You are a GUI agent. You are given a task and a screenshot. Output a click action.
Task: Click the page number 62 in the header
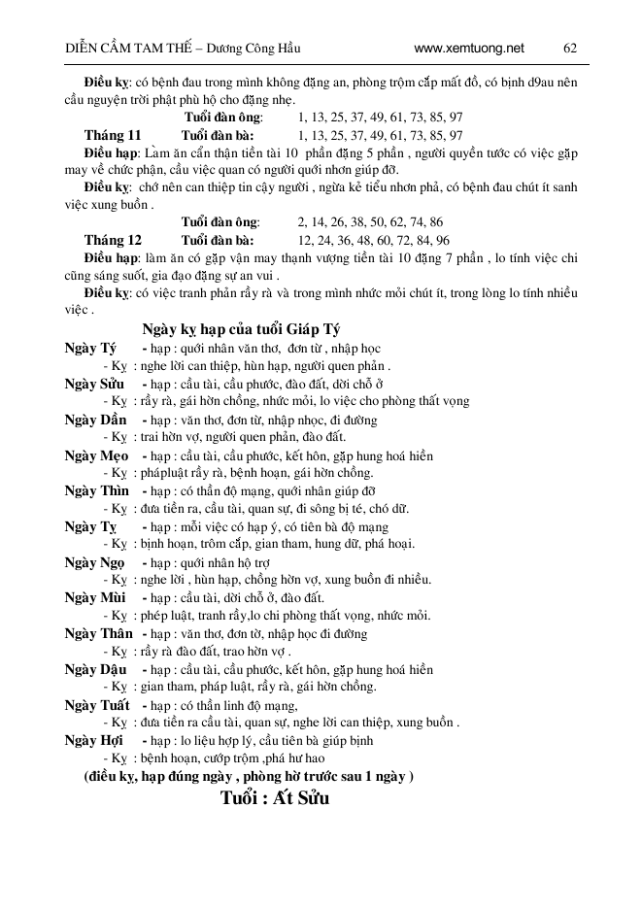[x=570, y=48]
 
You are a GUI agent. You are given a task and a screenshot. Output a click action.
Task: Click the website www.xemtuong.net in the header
[x=468, y=48]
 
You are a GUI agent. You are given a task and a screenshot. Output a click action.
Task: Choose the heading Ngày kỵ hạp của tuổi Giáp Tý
[x=240, y=328]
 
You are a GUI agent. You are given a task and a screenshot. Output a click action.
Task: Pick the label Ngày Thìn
[x=96, y=491]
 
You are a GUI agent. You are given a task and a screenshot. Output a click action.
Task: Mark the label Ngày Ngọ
[x=95, y=562]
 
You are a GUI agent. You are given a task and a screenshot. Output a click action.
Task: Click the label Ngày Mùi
[x=94, y=597]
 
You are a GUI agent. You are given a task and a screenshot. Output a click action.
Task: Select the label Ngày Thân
[x=98, y=633]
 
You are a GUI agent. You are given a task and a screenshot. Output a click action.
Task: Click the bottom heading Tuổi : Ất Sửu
[x=276, y=800]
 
